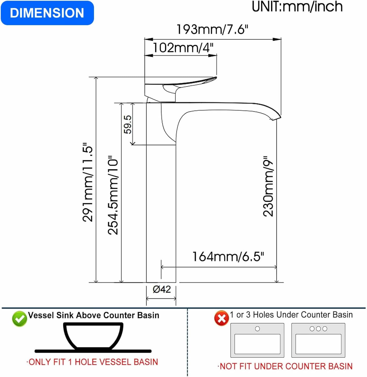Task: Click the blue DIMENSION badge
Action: (47, 13)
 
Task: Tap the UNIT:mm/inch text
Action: (297, 7)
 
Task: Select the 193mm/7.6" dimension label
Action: (212, 29)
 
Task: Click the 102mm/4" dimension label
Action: (183, 48)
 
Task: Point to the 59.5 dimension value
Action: (128, 124)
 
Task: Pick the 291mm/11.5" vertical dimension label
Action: (88, 182)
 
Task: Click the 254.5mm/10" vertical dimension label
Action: (113, 195)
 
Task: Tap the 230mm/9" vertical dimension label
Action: (268, 186)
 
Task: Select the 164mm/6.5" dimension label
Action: (228, 257)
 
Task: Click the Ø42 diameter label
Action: (162, 289)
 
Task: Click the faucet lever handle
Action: (181, 84)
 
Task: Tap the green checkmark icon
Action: (19, 319)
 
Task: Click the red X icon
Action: (221, 318)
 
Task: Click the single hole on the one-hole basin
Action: (257, 328)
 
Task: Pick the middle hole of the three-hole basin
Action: (318, 328)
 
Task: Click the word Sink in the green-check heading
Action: (65, 315)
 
